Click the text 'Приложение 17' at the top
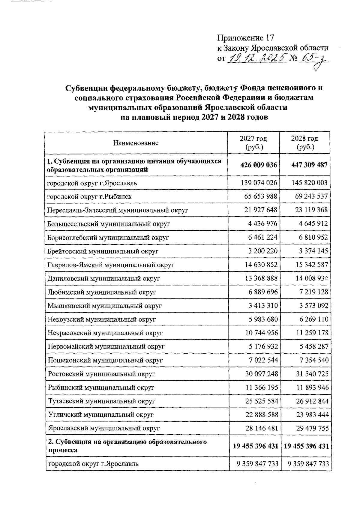246,38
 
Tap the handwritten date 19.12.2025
256,57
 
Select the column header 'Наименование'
136,143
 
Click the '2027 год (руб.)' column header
253,142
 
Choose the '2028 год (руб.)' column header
305,142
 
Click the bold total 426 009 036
259,165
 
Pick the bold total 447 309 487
309,165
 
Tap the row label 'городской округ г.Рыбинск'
90,196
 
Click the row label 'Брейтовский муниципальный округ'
103,251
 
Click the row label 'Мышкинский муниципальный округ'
105,306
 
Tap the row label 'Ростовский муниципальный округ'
101,374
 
